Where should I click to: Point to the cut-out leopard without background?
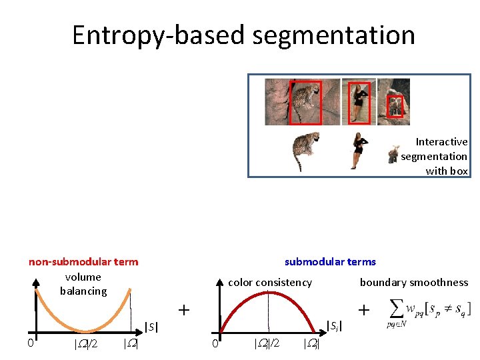tap(305, 151)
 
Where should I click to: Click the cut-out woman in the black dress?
tap(359, 151)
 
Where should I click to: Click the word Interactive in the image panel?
tap(441, 141)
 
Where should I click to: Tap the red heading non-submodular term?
tap(83, 261)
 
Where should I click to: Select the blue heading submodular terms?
tap(330, 261)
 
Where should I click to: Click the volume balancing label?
tap(83, 283)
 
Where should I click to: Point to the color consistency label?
tap(270, 282)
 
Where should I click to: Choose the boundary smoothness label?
tap(414, 282)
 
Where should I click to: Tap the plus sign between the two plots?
tap(184, 310)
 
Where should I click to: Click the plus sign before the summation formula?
tap(364, 310)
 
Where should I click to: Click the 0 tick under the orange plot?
tap(30, 343)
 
